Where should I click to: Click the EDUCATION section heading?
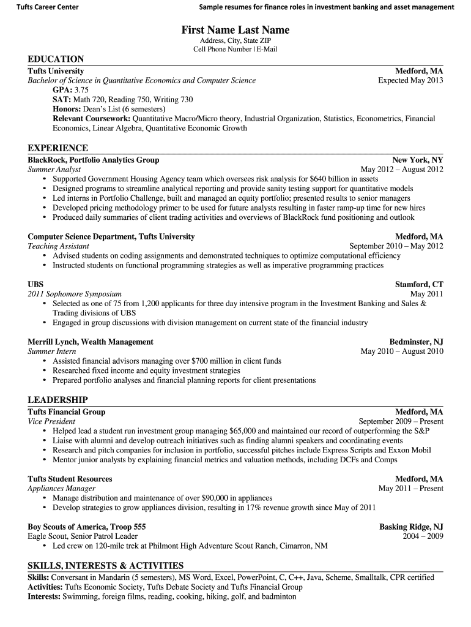[56, 59]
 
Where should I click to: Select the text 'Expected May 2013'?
[410, 80]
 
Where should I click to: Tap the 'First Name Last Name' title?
[236, 30]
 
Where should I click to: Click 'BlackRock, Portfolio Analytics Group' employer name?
[94, 160]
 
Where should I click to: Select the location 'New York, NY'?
[418, 160]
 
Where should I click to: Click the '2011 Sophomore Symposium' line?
[75, 294]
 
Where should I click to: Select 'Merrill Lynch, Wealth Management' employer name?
[91, 342]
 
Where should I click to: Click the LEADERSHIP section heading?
[57, 400]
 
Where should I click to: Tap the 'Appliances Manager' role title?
[61, 489]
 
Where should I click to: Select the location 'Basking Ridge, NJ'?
[411, 527]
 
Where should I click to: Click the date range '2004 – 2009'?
[423, 536]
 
